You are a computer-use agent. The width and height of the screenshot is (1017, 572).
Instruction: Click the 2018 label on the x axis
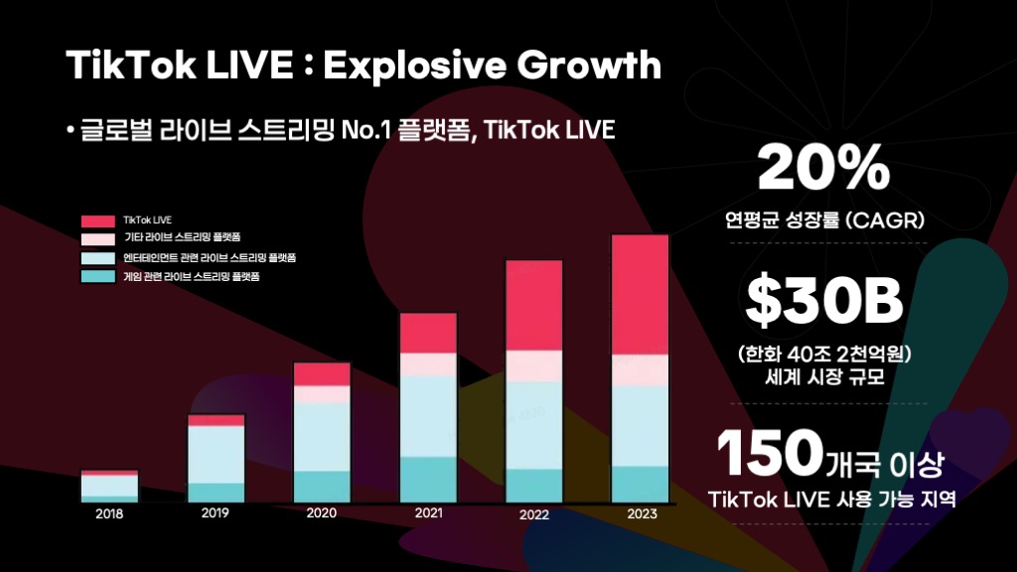[109, 513]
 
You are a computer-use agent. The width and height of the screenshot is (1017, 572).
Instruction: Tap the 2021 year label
[428, 513]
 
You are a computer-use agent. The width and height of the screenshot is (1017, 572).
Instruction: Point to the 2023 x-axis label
[641, 514]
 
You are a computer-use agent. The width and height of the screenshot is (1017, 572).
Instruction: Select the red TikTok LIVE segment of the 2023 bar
[640, 294]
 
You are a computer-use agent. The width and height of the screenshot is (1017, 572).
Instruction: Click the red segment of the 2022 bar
[534, 305]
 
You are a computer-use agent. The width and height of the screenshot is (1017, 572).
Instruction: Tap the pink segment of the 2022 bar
[534, 365]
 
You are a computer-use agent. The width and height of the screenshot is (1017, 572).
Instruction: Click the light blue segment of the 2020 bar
[322, 436]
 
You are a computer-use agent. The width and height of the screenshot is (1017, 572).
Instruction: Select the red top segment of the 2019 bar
[216, 420]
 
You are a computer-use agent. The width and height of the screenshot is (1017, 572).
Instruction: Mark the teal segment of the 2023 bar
[640, 483]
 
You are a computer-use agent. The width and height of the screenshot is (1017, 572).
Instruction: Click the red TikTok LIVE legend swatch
[98, 219]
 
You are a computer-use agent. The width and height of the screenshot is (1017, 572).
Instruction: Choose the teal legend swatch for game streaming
[98, 276]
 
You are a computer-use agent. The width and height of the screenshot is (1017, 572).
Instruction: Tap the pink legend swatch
[98, 238]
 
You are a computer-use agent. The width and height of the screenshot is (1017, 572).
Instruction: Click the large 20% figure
[823, 170]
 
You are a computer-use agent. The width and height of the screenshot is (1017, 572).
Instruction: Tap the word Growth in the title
[602, 65]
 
